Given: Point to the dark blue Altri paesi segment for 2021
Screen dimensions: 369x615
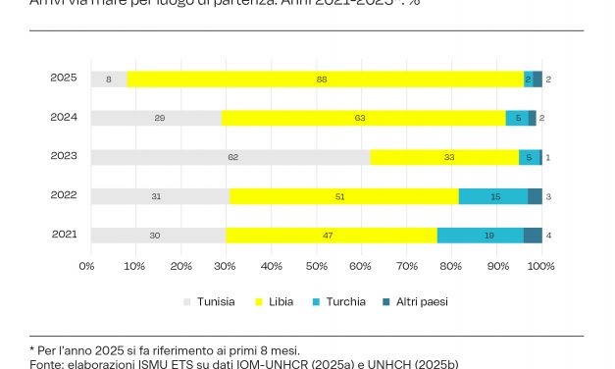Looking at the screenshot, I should pos(533,236).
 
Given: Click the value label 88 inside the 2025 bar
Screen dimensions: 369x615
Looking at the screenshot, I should pos(322,79).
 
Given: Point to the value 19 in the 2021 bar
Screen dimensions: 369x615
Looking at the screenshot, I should pos(488,236).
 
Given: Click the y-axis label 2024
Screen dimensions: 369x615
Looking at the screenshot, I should pos(64,117).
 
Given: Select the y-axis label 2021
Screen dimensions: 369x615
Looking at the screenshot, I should pos(64,235).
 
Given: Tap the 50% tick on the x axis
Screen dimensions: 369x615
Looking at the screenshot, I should pos(316,266).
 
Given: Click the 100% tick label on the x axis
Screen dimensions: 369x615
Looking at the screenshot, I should pos(540,266).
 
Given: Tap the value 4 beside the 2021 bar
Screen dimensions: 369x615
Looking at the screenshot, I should pos(547,236).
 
